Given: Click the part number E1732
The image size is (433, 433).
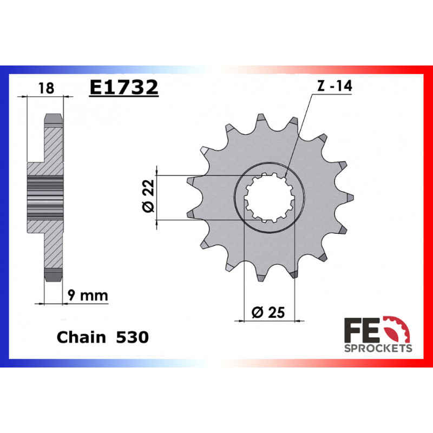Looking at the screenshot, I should (123, 87).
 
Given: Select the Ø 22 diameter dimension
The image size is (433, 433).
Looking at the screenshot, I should (149, 197).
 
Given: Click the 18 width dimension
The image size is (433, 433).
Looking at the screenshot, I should (47, 88).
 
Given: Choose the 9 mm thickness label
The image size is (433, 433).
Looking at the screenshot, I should (88, 296).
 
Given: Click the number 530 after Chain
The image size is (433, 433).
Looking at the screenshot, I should (132, 337).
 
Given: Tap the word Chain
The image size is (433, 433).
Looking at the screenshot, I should (81, 337).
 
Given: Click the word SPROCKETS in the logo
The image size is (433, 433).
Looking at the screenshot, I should (378, 349).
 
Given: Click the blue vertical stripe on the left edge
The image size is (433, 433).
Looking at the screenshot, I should (5, 216).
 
